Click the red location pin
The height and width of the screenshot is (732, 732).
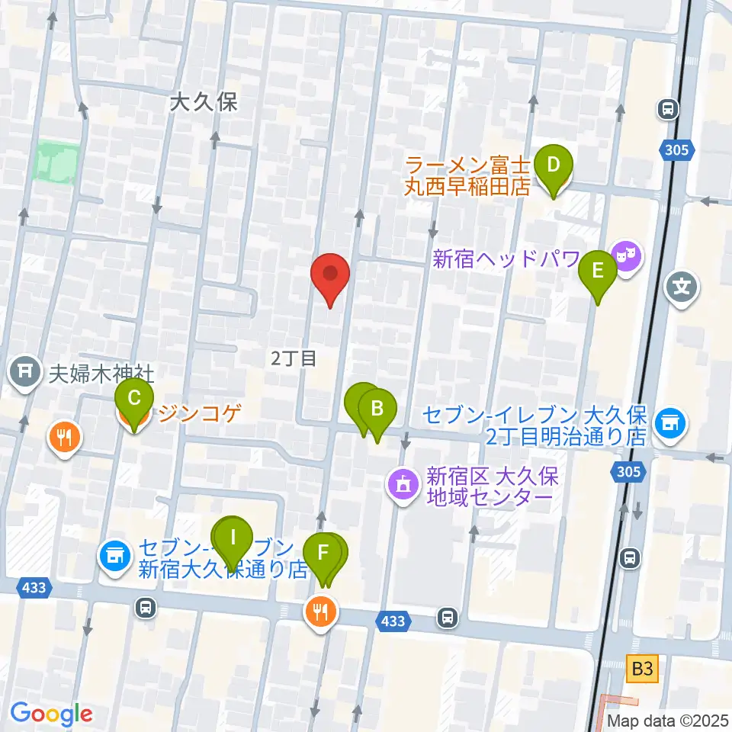(330, 276)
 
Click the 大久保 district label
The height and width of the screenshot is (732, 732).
(204, 102)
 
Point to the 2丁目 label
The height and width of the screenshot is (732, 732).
(294, 358)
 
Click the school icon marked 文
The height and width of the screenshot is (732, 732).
(681, 288)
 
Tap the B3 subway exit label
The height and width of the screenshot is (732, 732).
(642, 669)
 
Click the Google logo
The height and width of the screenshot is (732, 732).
(51, 714)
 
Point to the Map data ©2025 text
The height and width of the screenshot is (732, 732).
(667, 720)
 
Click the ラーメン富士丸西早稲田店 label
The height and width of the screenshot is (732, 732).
(467, 175)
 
